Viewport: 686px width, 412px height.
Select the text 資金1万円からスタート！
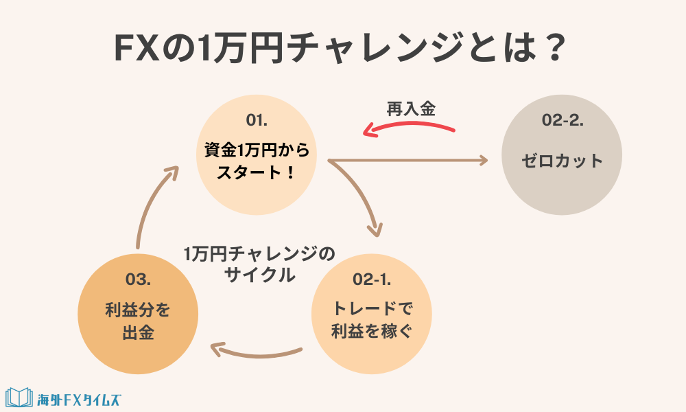click(256, 160)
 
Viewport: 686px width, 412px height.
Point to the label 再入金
click(411, 108)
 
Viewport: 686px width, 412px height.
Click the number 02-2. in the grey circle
click(563, 122)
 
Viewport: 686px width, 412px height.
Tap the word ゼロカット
click(562, 161)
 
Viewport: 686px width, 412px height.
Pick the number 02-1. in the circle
click(372, 279)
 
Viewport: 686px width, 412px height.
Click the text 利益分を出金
click(138, 321)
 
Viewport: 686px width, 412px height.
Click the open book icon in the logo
click(19, 398)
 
